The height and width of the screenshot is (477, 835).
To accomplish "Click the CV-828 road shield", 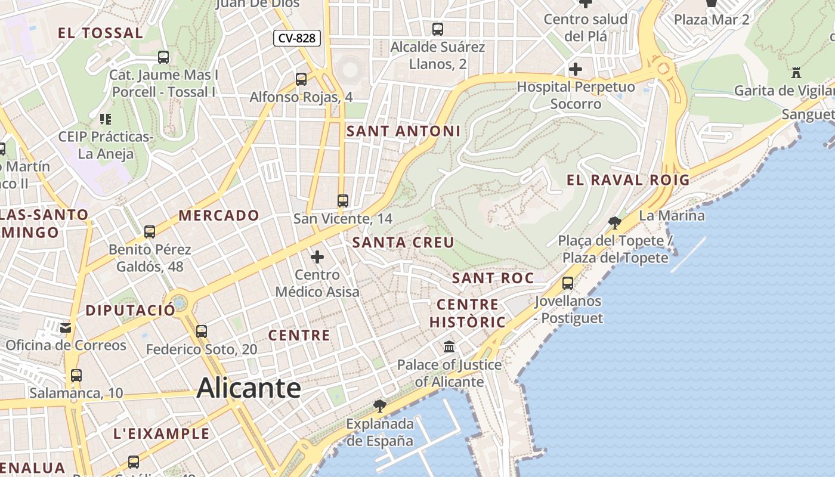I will point(297,38).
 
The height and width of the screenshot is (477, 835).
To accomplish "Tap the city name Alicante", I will point(249,388).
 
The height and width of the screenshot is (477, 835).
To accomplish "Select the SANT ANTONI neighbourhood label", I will point(404,131).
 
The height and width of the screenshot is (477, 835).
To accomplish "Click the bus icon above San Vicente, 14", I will point(342,201).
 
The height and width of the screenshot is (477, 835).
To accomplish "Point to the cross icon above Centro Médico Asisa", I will point(317,257).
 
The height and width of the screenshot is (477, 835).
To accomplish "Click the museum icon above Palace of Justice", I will point(449,346).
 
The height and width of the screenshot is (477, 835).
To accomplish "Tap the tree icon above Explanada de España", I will point(379,406).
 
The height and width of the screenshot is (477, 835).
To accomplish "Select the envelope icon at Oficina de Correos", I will point(66,327).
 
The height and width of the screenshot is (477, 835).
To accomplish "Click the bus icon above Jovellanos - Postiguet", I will point(568,283).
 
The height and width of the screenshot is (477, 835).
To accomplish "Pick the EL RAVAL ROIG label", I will point(627,180).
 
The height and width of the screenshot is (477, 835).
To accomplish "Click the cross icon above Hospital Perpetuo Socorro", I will point(575,69).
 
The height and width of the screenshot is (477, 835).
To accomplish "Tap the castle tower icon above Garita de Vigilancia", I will point(796,73).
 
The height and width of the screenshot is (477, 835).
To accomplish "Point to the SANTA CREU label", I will point(403,243).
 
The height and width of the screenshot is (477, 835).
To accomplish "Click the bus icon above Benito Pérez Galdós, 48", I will point(150,231).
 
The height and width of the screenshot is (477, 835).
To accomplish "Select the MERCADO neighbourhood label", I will point(219,215).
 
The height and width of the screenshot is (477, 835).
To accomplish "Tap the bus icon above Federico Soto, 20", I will point(202,332).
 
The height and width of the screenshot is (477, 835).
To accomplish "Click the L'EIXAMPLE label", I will point(162,433).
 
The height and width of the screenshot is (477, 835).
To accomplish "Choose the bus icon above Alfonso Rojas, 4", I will point(301,79).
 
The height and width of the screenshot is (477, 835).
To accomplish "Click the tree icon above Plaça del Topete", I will point(614,223).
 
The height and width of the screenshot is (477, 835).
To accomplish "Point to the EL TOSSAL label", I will point(100,33).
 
